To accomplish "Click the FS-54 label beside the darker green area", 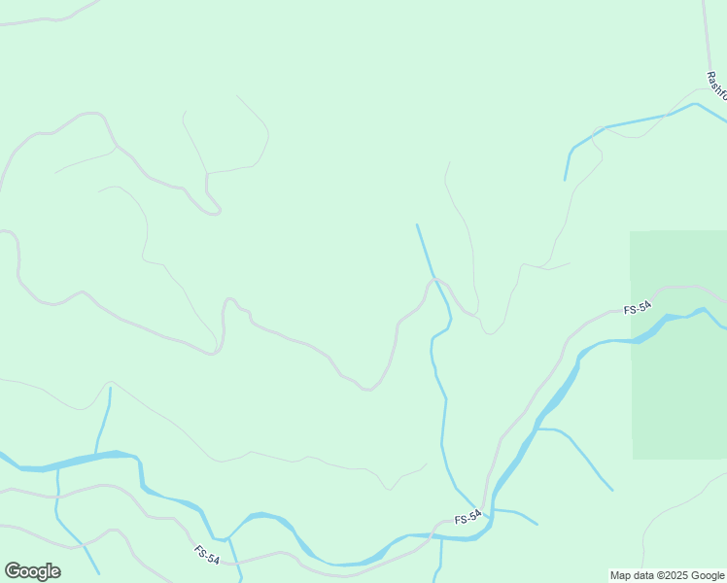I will pyautogui.click(x=638, y=308).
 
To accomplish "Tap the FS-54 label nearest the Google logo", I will pyautogui.click(x=206, y=554).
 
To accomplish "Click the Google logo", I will pyautogui.click(x=32, y=571).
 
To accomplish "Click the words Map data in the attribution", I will pyautogui.click(x=630, y=575).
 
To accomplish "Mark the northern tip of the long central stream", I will pyautogui.click(x=417, y=225).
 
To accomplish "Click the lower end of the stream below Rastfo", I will pyautogui.click(x=565, y=180).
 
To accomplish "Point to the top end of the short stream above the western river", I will pyautogui.click(x=110, y=389).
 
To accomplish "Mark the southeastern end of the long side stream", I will pyautogui.click(x=612, y=490).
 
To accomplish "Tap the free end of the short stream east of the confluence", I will pyautogui.click(x=537, y=525).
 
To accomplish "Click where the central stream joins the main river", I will pyautogui.click(x=485, y=512).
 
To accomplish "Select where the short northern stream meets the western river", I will pyautogui.click(x=96, y=454).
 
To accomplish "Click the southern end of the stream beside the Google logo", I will pyautogui.click(x=99, y=573).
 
